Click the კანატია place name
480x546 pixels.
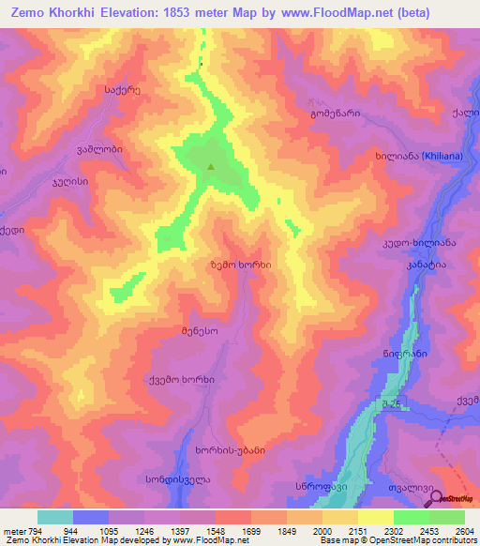pyautogui.click(x=426, y=265)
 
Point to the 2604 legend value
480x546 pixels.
pyautogui.click(x=464, y=530)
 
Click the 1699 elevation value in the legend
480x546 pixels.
pyautogui.click(x=251, y=530)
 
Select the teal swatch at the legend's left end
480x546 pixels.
pyautogui.click(x=54, y=517)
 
